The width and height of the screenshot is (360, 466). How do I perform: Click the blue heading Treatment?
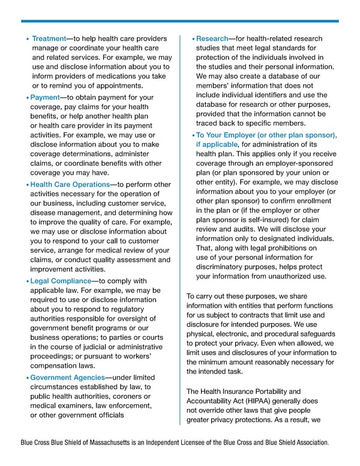tap(49, 38)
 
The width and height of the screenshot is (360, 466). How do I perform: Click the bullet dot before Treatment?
tap(28, 39)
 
